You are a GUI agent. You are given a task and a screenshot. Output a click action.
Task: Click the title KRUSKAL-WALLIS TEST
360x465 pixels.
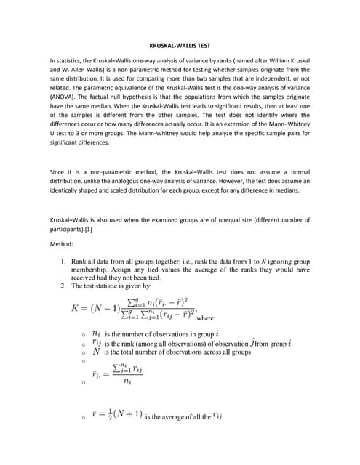point(180,46)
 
